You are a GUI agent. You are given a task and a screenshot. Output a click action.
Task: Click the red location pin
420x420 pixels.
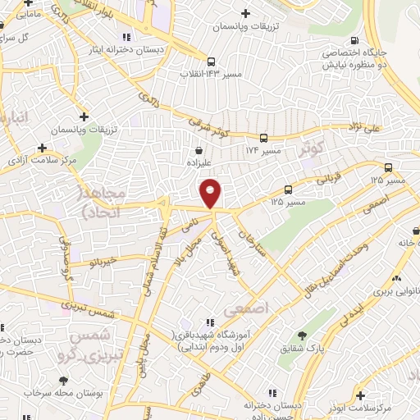pyautogui.click(x=211, y=193)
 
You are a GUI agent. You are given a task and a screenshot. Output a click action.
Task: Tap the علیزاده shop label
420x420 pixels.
pyautogui.click(x=199, y=163)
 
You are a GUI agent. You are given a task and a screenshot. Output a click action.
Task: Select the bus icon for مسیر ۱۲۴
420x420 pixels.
pyautogui.click(x=263, y=139)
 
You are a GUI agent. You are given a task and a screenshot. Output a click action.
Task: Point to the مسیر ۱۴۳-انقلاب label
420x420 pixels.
pyautogui.click(x=212, y=74)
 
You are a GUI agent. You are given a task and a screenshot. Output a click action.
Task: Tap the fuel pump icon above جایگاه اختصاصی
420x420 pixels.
pyautogui.click(x=354, y=40)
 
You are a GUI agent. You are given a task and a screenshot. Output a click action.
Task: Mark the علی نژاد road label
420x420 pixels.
pyautogui.click(x=386, y=128)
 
